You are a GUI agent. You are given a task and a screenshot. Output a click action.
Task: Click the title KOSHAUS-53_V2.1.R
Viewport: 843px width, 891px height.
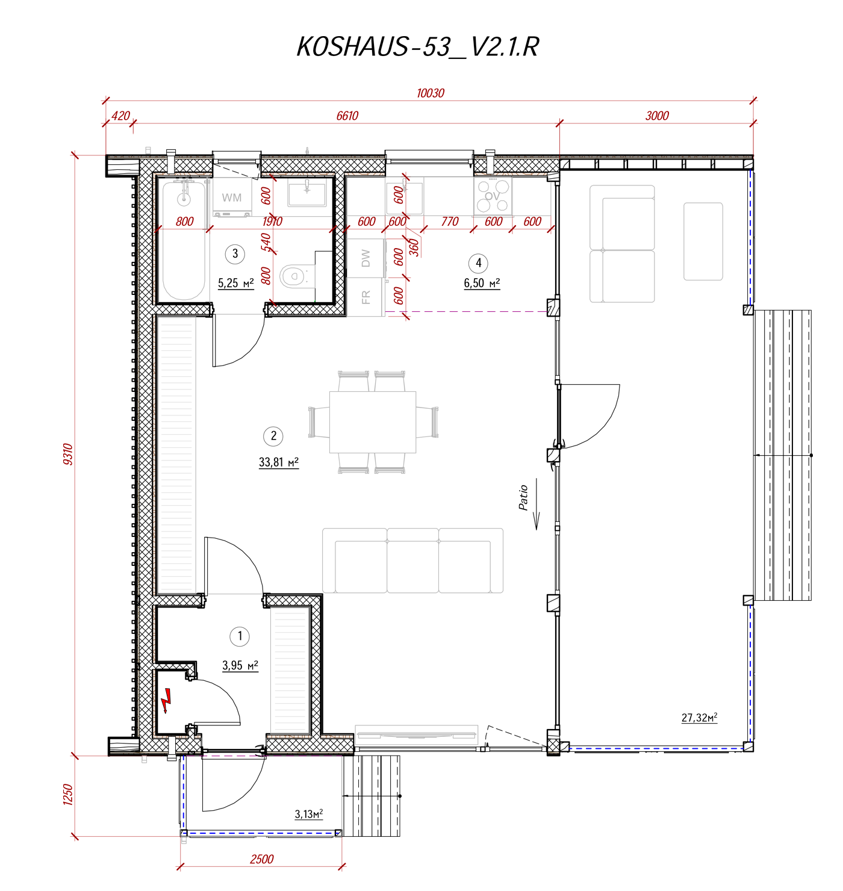[x=418, y=47]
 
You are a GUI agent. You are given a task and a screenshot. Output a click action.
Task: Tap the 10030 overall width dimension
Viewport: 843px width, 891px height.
[x=431, y=93]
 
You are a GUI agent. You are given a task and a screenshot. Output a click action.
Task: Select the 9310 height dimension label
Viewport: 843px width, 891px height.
[x=67, y=454]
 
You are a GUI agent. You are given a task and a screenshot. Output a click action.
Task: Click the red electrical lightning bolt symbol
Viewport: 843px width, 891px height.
[x=166, y=701]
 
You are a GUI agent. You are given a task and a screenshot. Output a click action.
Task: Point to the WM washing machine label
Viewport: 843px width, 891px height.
[x=232, y=197]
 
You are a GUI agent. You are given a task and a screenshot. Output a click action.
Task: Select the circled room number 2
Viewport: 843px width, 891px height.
[x=273, y=436]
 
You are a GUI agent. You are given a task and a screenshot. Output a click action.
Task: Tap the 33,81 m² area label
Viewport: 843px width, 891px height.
[x=278, y=462]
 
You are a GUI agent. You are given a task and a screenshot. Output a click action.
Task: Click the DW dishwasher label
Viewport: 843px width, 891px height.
[x=366, y=258]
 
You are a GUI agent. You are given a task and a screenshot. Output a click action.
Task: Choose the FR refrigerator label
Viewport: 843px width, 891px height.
[x=366, y=297]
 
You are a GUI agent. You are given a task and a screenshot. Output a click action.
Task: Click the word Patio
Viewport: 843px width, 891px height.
[x=523, y=498]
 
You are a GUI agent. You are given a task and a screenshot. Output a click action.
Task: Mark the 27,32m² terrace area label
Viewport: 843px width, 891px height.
[x=699, y=718]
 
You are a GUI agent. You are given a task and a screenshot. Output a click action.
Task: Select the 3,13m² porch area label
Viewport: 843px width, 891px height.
[x=309, y=815]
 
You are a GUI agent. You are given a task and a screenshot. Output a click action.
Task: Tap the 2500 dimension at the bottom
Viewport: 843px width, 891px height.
[x=262, y=859]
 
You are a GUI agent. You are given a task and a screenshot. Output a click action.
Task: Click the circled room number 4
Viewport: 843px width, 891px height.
[x=479, y=263]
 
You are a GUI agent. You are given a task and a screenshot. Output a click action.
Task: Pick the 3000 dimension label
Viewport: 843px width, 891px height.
[x=657, y=116]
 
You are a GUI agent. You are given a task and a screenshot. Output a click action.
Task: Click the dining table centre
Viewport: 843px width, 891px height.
[x=373, y=422]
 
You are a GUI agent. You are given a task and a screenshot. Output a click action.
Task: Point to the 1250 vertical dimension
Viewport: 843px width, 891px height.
[x=67, y=795]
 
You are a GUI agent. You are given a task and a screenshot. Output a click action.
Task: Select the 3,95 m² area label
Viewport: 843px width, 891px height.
[x=240, y=666]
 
